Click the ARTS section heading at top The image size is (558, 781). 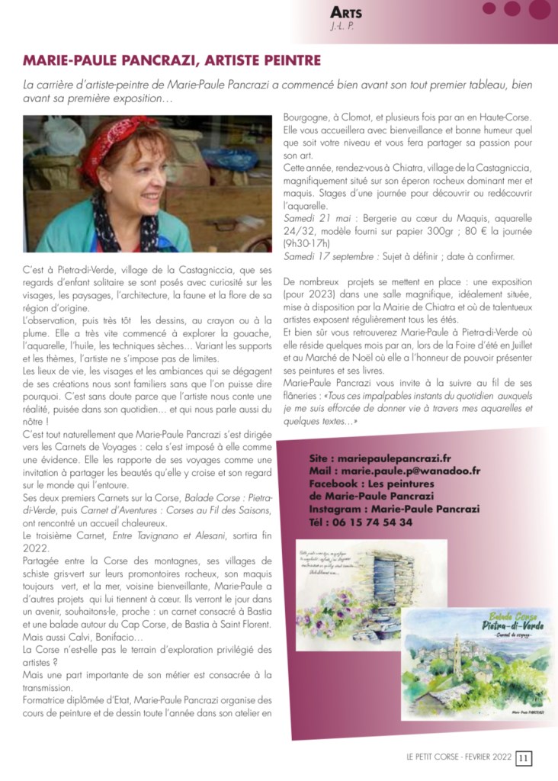346,12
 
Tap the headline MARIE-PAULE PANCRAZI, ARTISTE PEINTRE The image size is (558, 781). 172,60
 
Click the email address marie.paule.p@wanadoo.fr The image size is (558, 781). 395,471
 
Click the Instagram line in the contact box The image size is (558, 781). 389,509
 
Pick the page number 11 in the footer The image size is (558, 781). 524,758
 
